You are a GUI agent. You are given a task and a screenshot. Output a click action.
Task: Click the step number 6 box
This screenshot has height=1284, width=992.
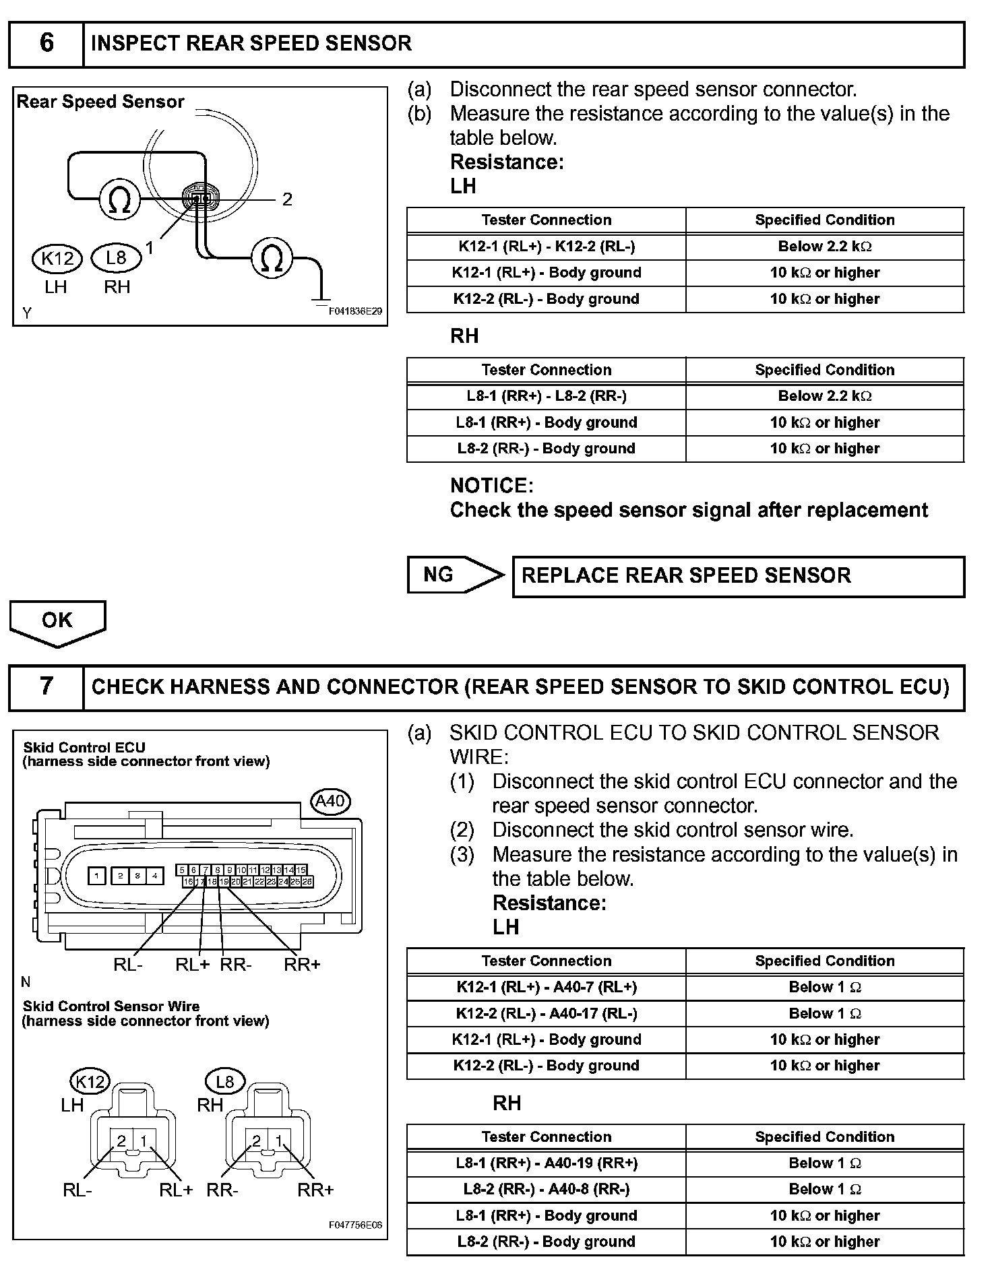[x=46, y=44]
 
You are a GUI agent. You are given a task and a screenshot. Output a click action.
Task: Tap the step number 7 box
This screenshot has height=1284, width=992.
[x=46, y=686]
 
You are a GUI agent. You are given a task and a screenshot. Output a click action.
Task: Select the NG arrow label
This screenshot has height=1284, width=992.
[x=439, y=575]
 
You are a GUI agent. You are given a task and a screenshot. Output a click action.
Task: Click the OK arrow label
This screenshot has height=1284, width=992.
[x=57, y=620]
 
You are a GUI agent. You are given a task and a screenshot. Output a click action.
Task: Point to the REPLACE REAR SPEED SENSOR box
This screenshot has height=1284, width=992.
[x=738, y=576]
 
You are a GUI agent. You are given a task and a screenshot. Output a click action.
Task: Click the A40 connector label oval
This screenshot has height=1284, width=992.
[x=330, y=801]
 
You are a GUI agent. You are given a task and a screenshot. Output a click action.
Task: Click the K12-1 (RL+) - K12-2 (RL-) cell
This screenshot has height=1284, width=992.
[x=546, y=247]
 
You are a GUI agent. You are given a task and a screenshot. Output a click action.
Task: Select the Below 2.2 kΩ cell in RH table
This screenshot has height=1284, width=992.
[x=824, y=396]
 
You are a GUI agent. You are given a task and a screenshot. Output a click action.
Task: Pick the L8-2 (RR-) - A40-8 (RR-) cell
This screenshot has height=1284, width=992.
[x=546, y=1189]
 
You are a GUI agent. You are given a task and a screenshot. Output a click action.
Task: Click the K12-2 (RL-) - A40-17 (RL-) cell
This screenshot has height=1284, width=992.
[x=546, y=1013]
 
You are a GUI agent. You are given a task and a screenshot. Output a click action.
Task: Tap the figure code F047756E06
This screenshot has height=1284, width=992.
[x=355, y=1225]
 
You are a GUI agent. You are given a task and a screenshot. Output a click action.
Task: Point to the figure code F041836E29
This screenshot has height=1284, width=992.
[x=355, y=311]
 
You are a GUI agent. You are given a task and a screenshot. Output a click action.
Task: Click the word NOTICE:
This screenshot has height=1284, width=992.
[x=491, y=486]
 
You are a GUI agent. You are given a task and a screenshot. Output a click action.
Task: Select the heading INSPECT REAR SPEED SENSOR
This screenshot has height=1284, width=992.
[x=251, y=44]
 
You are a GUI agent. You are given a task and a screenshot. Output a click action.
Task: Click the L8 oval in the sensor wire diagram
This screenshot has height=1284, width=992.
[x=224, y=1083]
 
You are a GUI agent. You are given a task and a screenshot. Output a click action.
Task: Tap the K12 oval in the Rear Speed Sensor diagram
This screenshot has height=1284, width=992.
[x=57, y=258]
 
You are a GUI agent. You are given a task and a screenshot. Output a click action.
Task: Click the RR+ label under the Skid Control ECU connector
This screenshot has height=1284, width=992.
[x=302, y=965]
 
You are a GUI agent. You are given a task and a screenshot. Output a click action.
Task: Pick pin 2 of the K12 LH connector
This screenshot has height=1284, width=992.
[x=122, y=1141]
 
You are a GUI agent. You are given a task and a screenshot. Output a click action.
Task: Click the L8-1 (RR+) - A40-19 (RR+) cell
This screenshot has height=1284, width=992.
[x=546, y=1163]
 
